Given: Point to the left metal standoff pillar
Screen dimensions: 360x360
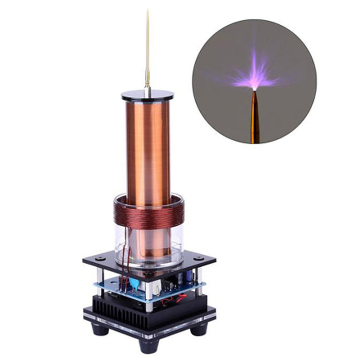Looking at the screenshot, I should (x=100, y=279).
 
